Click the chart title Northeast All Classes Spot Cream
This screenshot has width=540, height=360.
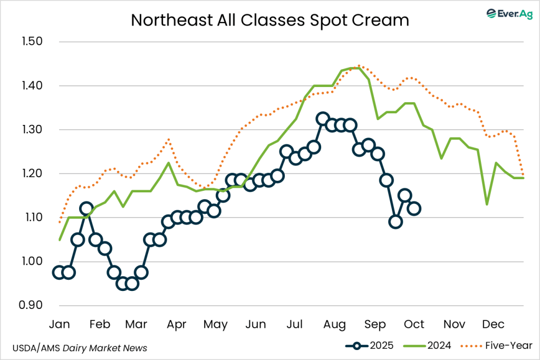pyautogui.click(x=269, y=20)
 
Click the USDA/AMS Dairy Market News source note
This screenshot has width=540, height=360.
pyautogui.click(x=79, y=348)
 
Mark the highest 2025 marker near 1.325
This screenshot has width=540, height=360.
pyautogui.click(x=323, y=119)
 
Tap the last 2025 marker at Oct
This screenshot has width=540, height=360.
pyautogui.click(x=414, y=209)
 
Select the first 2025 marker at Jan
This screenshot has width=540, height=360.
pyautogui.click(x=59, y=273)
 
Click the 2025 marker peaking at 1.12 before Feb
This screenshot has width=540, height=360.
pyautogui.click(x=87, y=209)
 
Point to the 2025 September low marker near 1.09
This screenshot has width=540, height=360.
pyautogui.click(x=396, y=221)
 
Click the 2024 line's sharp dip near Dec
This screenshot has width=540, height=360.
pyautogui.click(x=486, y=204)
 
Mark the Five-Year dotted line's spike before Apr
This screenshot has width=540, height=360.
pyautogui.click(x=168, y=139)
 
